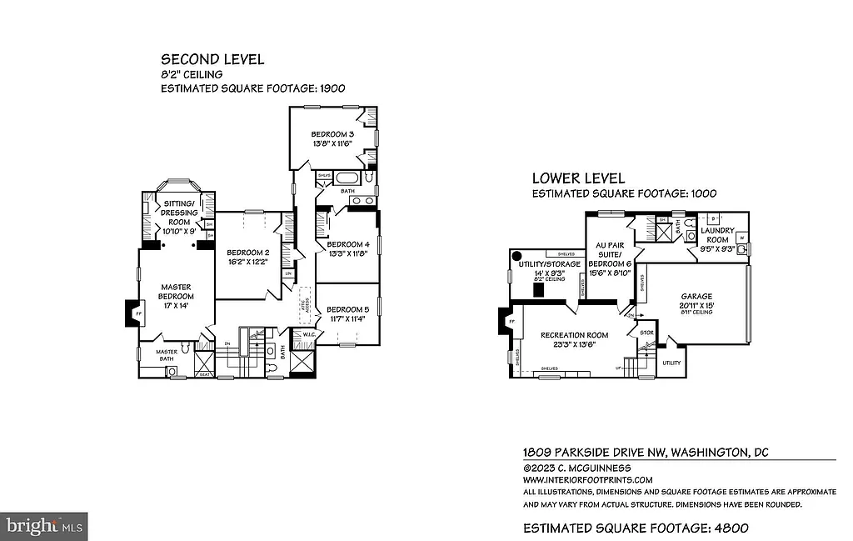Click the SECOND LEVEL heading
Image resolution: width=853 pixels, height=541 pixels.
click(212, 59)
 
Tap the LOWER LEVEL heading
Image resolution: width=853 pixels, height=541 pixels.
click(578, 178)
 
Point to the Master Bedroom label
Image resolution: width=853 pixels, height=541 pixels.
click(176, 291)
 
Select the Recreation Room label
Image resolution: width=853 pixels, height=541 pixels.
click(575, 335)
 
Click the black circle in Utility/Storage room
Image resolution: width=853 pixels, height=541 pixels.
click(517, 256)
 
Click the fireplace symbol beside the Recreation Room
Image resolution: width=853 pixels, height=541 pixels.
click(504, 321)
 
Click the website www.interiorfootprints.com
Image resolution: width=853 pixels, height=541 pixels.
click(587, 480)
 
